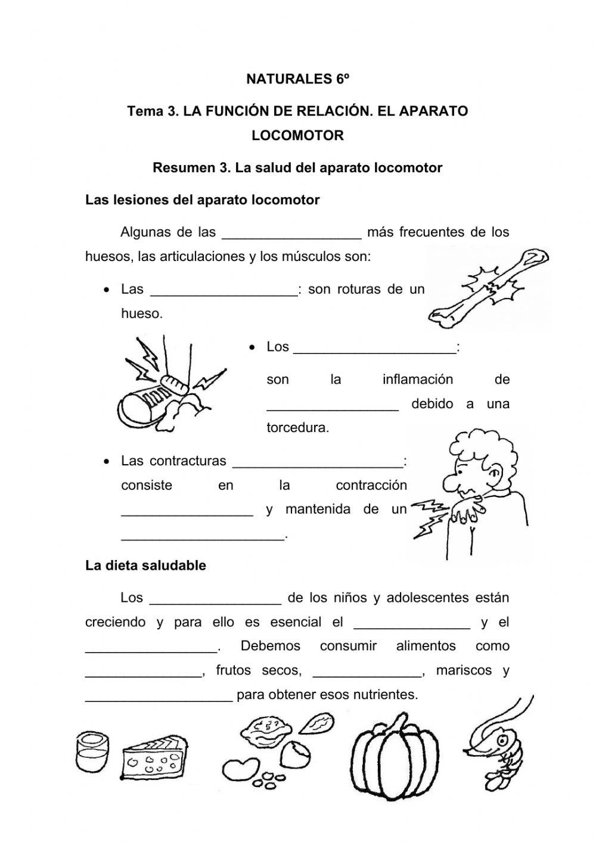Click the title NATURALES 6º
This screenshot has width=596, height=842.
pyautogui.click(x=297, y=79)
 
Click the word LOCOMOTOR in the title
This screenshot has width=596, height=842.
pyautogui.click(x=297, y=135)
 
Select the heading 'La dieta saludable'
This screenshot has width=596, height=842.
pyautogui.click(x=145, y=566)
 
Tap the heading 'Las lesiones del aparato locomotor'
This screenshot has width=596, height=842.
pyautogui.click(x=203, y=200)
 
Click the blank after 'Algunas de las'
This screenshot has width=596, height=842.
pyautogui.click(x=291, y=232)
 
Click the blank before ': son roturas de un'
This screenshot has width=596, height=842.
pyautogui.click(x=224, y=290)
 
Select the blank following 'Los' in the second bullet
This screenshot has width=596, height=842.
pyautogui.click(x=375, y=347)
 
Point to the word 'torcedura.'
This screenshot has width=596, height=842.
pyautogui.click(x=297, y=428)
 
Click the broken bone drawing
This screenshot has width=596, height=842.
pyautogui.click(x=489, y=286)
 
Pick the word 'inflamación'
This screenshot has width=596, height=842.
pyautogui.click(x=418, y=380)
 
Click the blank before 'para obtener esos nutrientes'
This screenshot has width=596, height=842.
pyautogui.click(x=159, y=695)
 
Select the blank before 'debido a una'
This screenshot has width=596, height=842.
pyautogui.click(x=333, y=404)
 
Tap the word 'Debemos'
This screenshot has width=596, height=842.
pyautogui.click(x=271, y=646)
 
